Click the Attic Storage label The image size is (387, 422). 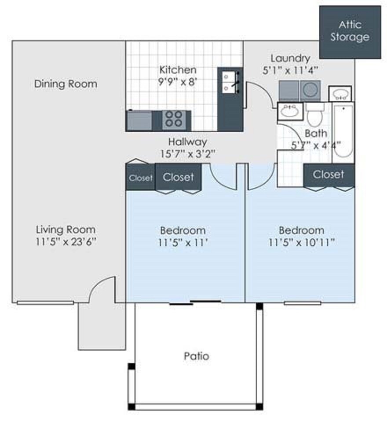[350, 31]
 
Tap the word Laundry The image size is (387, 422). [290, 58]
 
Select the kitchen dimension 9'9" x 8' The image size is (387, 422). [178, 81]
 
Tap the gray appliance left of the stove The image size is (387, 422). [139, 120]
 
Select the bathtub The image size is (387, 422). [343, 132]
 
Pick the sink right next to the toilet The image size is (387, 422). [289, 111]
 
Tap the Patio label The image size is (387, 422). [196, 356]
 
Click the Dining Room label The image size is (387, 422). [66, 84]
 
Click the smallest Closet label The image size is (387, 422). [140, 178]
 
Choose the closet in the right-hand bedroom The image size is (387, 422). [329, 175]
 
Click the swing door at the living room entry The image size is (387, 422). [102, 289]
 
